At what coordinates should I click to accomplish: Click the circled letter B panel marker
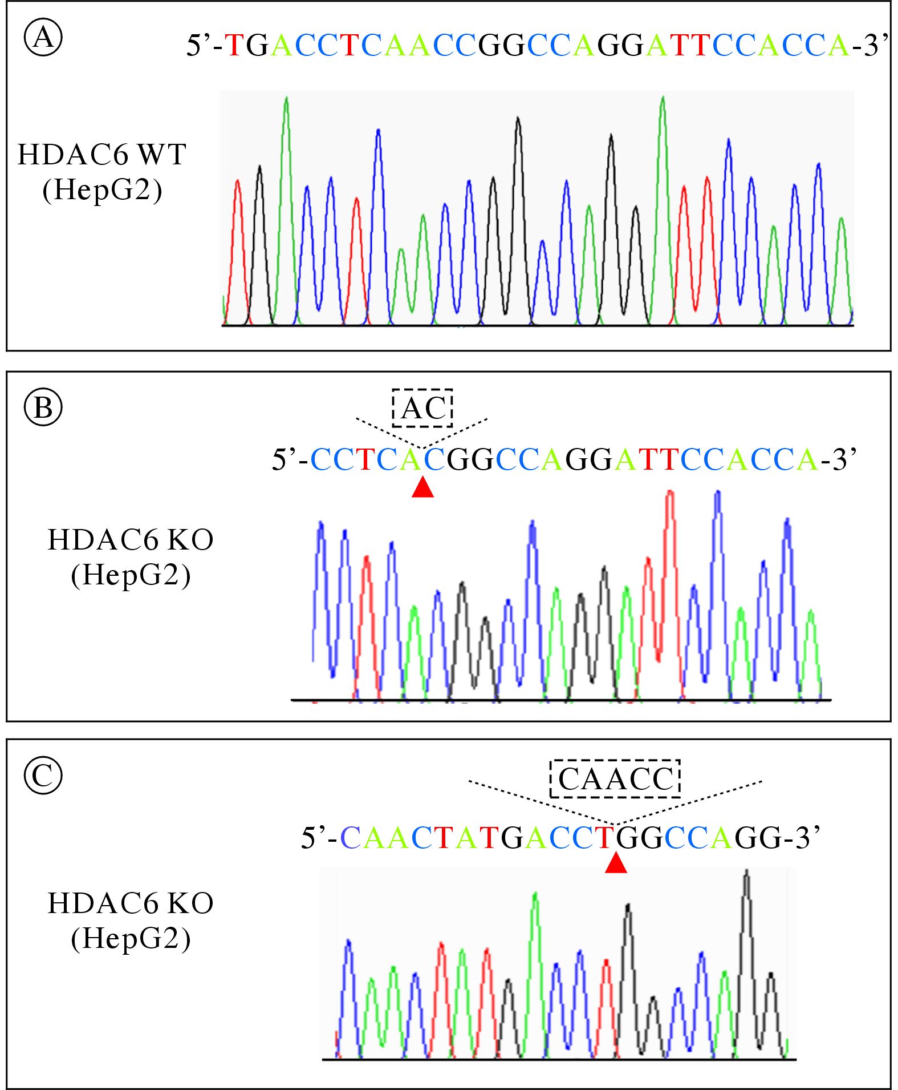[x=43, y=407]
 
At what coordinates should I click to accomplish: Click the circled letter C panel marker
[x=43, y=775]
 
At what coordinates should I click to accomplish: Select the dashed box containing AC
[x=422, y=408]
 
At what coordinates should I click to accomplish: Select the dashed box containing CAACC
[x=615, y=778]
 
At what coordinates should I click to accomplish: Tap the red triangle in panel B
[x=422, y=487]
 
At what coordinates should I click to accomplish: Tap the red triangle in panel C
[x=616, y=863]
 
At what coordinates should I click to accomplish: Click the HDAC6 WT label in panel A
[x=101, y=155]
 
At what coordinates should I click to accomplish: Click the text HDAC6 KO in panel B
[x=130, y=540]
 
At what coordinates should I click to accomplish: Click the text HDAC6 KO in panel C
[x=130, y=903]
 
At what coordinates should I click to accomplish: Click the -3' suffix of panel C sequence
[x=802, y=838]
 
